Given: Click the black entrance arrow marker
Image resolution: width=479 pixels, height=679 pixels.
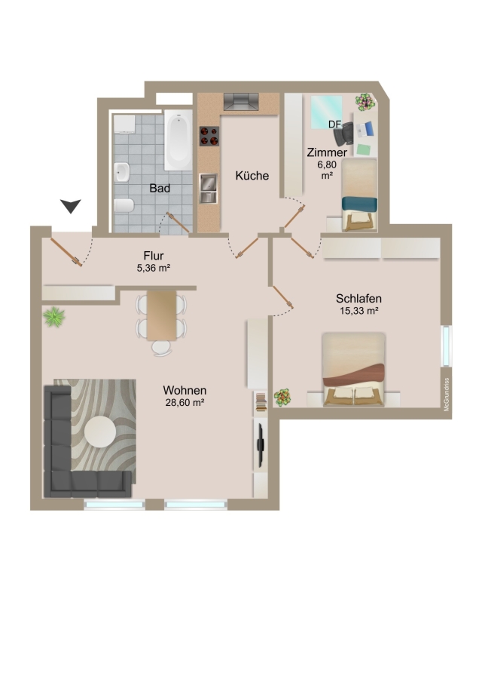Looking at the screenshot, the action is (x=71, y=206).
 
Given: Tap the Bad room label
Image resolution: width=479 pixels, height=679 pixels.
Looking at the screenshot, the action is (x=160, y=189).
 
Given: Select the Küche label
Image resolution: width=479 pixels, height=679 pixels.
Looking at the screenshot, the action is (x=252, y=175).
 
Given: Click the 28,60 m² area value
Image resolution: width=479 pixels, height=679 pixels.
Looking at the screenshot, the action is (x=185, y=402).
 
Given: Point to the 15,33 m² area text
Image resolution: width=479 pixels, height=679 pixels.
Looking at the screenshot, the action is (x=359, y=311).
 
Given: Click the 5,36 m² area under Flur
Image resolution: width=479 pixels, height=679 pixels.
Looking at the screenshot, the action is (x=154, y=268).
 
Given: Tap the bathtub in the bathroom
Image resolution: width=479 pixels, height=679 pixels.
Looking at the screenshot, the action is (x=178, y=140).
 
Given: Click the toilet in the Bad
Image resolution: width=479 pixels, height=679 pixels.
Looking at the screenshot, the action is (x=125, y=205).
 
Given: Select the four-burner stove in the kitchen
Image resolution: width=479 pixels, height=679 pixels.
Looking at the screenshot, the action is (x=209, y=136).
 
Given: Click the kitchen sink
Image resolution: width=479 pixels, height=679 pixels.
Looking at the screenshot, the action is (x=209, y=189).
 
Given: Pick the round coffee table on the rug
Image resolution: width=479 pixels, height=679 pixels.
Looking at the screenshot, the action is (x=100, y=432).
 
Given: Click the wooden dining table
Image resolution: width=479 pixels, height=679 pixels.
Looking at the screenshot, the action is (x=162, y=315).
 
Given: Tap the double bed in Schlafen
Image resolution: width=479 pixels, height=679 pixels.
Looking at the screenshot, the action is (x=354, y=370).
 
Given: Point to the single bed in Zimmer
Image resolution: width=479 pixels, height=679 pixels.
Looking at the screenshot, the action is (x=360, y=195).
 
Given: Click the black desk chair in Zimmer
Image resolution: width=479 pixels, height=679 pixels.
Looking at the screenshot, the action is (x=343, y=133).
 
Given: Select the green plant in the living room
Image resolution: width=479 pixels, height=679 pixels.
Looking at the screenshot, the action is (x=54, y=317).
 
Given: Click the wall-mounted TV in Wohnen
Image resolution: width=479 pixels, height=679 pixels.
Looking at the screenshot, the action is (x=261, y=444).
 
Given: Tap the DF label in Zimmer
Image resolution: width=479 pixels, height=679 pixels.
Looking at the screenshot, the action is (x=334, y=124).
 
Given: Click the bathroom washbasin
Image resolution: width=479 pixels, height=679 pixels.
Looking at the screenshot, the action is (x=122, y=172).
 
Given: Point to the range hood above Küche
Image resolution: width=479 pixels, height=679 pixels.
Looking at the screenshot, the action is (x=241, y=102).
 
